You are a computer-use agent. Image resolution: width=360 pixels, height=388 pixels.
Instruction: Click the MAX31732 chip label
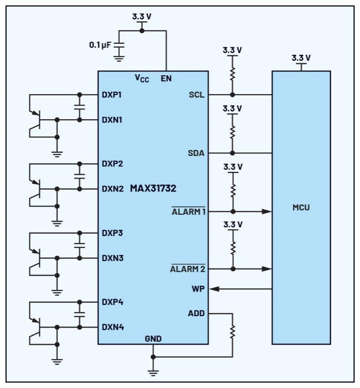tap(153, 189)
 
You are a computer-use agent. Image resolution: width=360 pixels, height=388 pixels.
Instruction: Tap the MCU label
tap(301, 208)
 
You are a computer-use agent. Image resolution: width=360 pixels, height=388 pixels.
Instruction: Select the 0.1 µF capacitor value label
tap(100, 44)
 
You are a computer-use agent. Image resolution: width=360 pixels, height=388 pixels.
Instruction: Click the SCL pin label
tap(196, 95)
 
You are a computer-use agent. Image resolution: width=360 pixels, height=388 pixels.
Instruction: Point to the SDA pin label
tap(196, 153)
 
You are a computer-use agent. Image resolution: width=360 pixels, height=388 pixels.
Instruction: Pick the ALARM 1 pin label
tap(189, 211)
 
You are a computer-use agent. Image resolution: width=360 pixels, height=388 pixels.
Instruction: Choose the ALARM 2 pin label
tap(188, 269)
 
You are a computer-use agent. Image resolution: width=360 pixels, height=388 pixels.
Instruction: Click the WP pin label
tap(198, 289)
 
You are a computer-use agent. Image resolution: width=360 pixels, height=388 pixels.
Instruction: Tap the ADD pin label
tap(196, 314)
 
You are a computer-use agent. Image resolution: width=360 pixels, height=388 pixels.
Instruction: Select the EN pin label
tap(166, 78)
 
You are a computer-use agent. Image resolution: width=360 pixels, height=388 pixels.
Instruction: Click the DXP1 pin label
tap(111, 95)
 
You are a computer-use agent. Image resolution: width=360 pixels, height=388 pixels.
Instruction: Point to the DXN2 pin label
tap(112, 189)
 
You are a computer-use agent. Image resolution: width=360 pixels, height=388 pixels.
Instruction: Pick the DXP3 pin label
tap(112, 233)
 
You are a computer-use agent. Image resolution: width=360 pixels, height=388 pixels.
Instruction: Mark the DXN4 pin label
tap(112, 327)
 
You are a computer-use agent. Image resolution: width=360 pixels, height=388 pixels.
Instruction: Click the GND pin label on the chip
tap(153, 338)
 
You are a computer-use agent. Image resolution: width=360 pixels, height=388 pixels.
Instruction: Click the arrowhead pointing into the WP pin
tap(215, 289)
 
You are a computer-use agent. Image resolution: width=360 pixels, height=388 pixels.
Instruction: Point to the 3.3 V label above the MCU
tap(301, 58)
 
